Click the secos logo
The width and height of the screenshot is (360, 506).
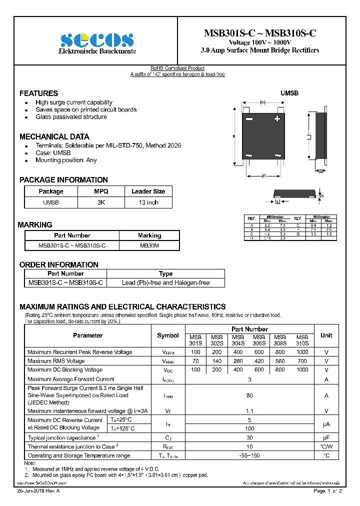pos(97,39)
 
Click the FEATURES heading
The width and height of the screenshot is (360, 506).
pos(38,93)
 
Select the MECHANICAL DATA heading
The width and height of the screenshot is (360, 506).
pos(54,136)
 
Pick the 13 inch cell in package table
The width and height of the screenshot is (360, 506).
pos(148,202)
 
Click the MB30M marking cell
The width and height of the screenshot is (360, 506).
pos(149,245)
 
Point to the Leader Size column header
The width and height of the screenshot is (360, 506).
pos(148,191)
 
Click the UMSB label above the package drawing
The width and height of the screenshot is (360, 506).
pos(289,93)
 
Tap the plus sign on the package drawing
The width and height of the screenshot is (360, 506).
pos(276,119)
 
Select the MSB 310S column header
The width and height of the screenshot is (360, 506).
pos(302,340)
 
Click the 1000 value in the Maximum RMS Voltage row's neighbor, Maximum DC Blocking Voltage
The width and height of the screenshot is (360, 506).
pos(302,370)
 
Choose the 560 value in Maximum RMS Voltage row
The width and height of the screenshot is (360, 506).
pos(280,361)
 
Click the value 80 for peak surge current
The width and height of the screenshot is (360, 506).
pos(249,395)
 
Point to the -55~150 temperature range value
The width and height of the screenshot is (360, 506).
pos(249,455)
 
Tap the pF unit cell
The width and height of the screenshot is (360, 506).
pos(326,437)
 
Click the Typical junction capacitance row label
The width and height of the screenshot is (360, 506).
pos(62,437)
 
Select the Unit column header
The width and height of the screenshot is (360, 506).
pos(326,335)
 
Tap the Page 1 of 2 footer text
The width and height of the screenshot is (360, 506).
pos(327,491)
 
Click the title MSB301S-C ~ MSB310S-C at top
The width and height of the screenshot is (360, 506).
pos(260,33)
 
